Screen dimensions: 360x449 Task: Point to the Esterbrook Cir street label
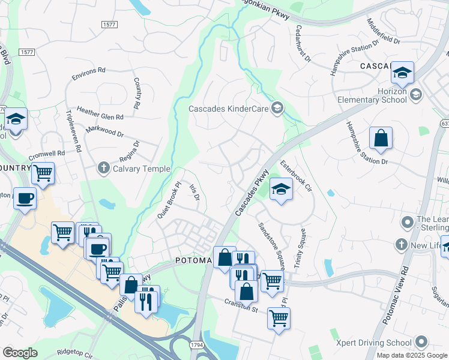(297, 175)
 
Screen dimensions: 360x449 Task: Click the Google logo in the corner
(20, 352)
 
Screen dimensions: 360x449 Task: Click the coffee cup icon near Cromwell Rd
(25, 199)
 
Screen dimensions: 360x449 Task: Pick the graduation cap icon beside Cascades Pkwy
(280, 190)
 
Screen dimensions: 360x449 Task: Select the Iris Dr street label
(194, 193)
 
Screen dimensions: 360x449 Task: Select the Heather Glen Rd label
(100, 116)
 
